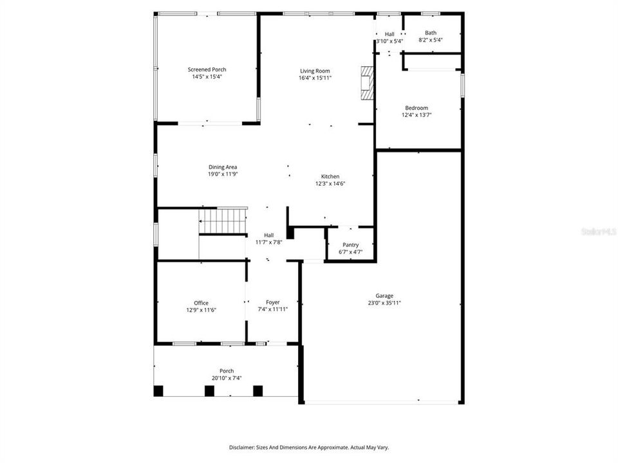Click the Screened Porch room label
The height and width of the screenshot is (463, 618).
point(207,69)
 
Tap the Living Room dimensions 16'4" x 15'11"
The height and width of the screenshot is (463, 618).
point(314,78)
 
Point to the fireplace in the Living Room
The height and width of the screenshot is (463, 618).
point(367,83)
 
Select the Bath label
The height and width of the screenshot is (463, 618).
point(431,33)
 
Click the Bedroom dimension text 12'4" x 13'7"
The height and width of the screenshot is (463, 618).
point(417,115)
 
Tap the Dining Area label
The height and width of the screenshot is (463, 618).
point(222,167)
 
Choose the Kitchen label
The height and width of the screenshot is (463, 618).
point(330,176)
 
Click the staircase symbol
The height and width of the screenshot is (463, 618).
point(222,221)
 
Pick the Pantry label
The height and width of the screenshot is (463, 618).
point(350,244)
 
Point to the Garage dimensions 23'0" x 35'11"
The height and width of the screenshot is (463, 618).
point(384,303)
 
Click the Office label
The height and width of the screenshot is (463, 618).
point(201,303)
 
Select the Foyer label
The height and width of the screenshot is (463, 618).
point(272,302)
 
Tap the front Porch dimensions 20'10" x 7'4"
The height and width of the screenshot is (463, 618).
point(227,377)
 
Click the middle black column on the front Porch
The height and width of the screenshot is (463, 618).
point(209,390)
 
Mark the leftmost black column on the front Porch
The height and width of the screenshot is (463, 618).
point(158,390)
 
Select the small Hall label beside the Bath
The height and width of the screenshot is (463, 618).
point(389,34)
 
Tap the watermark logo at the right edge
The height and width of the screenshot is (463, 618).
point(598,230)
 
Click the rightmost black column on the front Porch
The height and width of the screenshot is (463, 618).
point(258,390)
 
